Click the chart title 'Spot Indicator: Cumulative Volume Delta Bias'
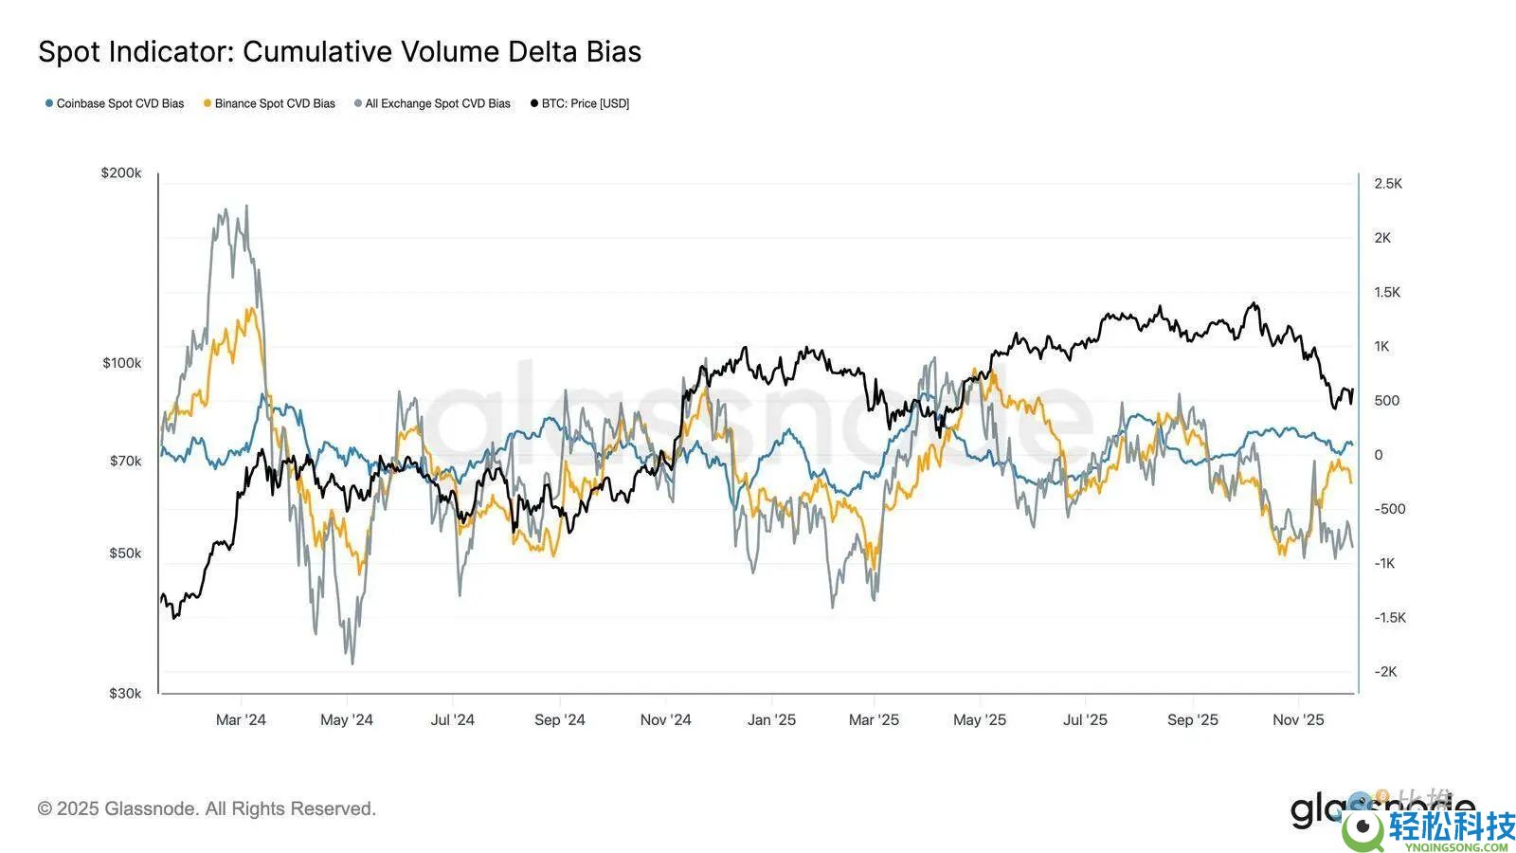[x=339, y=52]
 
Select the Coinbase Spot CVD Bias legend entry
[x=115, y=103]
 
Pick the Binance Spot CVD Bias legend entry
[x=269, y=103]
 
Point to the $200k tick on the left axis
[x=121, y=172]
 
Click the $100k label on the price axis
[x=121, y=363]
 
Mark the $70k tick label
[x=125, y=461]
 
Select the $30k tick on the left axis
[x=125, y=693]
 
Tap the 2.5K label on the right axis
[x=1388, y=184]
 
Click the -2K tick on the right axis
[x=1385, y=671]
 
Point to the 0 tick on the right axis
[x=1379, y=455]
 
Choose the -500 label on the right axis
[x=1390, y=509]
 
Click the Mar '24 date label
[x=241, y=720]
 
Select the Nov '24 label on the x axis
[x=665, y=720]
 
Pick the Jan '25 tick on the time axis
[x=771, y=720]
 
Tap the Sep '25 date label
[x=1192, y=720]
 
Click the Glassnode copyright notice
[x=207, y=808]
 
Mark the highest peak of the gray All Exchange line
[x=247, y=206]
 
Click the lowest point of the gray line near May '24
[x=352, y=663]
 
